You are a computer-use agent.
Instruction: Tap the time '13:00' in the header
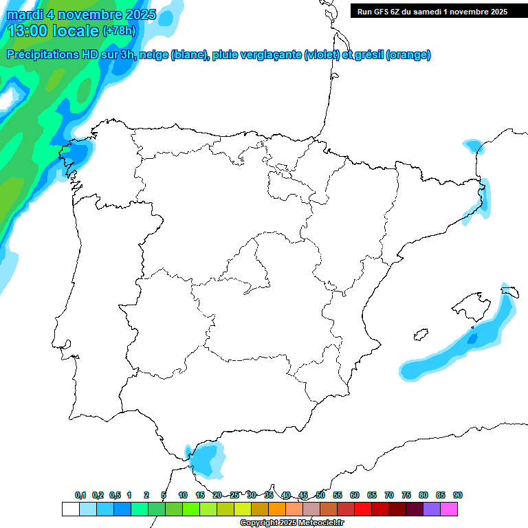(27, 31)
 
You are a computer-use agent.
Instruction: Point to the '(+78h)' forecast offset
(119, 31)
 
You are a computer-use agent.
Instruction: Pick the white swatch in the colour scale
(70, 509)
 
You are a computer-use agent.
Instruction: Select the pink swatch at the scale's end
(450, 509)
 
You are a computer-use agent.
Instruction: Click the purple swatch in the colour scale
(432, 509)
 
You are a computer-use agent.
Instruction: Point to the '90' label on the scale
(458, 496)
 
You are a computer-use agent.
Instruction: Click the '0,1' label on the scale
(80, 496)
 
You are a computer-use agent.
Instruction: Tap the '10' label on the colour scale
(183, 496)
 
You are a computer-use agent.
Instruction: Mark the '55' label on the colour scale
(338, 496)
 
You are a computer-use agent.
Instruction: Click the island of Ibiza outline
(421, 335)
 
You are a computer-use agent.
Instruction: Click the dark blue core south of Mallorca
(472, 338)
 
